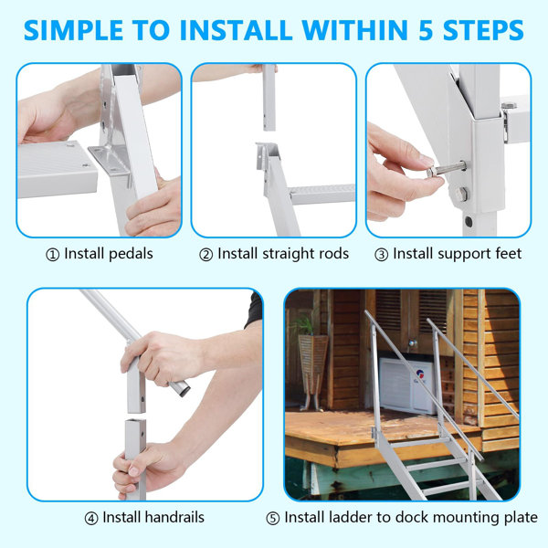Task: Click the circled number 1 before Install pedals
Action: [x=52, y=253]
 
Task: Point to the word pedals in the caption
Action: [x=128, y=253]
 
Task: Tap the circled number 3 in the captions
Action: [x=380, y=253]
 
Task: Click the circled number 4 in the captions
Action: [x=91, y=518]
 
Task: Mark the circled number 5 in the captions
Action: [x=273, y=518]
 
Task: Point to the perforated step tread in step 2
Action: [x=324, y=193]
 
